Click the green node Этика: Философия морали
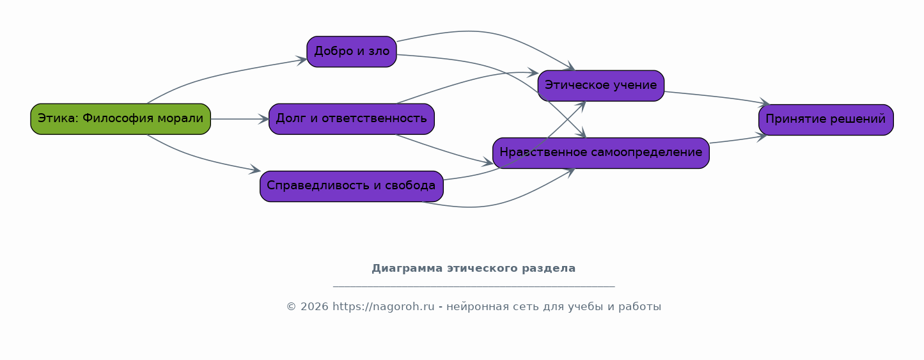point(120,119)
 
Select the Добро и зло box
point(352,52)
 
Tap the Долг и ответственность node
point(352,119)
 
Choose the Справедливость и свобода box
point(352,186)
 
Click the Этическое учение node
point(601,85)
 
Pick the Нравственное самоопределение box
point(601,153)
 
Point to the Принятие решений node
point(826,120)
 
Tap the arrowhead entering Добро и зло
point(302,61)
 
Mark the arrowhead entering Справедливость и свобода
point(255,169)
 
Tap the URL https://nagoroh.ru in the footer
point(383,307)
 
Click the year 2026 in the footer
point(315,307)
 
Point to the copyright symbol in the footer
point(291,307)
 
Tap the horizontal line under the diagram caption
point(474,286)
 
